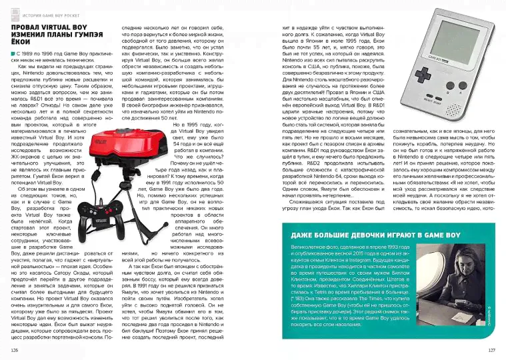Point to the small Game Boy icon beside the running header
(13, 8)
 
